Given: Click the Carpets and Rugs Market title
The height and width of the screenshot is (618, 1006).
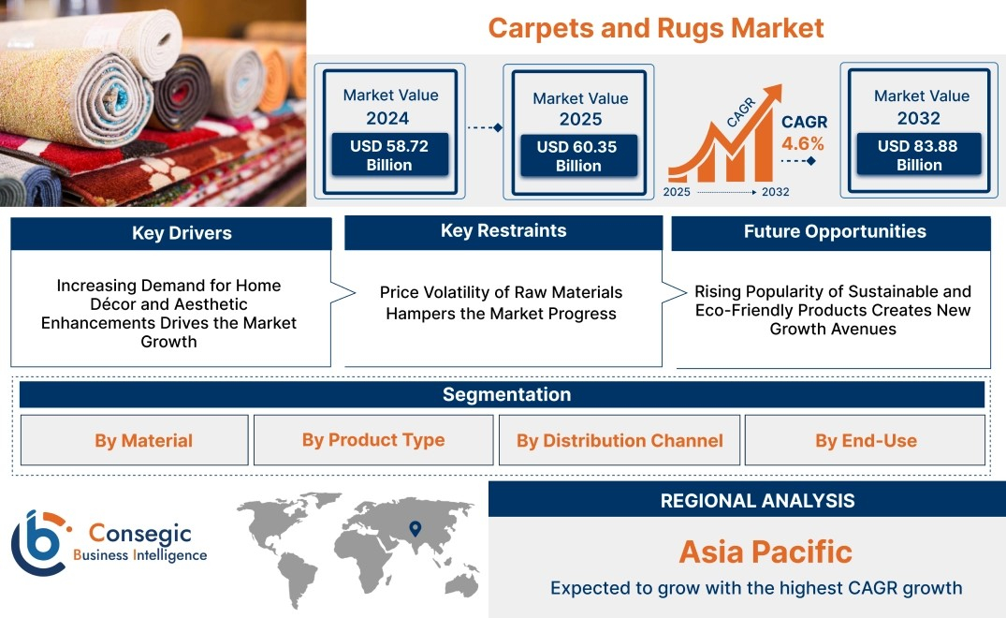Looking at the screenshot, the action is (656, 28).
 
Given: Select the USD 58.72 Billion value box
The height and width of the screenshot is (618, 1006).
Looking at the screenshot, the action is (389, 154).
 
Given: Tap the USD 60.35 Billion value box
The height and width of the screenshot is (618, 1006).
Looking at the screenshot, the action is (578, 155).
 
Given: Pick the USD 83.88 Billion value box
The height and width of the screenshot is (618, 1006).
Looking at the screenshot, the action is (919, 154).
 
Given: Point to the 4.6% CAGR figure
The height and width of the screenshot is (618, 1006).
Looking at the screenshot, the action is (803, 143).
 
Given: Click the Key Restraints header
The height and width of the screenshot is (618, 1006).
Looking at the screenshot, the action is (503, 231).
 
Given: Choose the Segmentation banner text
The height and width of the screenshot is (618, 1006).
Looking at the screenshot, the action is (507, 394).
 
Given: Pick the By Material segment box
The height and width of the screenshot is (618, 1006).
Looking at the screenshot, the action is (134, 439).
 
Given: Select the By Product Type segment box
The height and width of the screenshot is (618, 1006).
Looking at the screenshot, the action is (373, 439).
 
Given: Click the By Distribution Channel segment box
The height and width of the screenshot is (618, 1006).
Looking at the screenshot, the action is (620, 439).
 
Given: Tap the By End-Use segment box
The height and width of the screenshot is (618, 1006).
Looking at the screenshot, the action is (865, 439).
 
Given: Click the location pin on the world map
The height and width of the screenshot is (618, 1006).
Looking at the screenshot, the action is (416, 528).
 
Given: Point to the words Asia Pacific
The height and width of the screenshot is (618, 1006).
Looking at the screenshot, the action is (765, 552).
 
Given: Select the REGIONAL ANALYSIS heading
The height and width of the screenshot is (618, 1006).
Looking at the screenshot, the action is (758, 501).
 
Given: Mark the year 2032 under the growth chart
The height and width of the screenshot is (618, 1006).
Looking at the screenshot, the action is (775, 192).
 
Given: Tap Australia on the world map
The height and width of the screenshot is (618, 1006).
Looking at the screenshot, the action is (462, 583).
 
